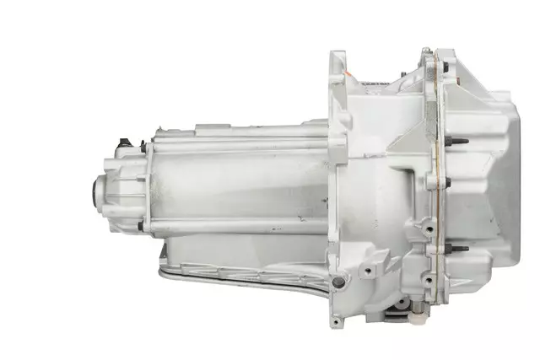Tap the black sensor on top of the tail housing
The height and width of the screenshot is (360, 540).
123,142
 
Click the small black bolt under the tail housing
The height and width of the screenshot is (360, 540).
140,226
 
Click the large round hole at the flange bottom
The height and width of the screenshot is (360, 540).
338,282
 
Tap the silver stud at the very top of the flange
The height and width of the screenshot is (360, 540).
427,51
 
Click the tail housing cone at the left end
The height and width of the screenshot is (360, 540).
114,190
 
